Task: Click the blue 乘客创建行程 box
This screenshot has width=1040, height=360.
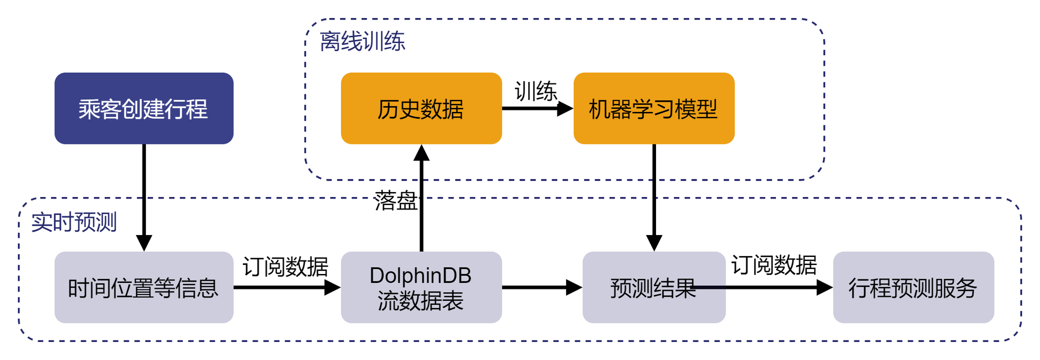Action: click(144, 108)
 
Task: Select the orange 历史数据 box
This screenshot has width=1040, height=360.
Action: click(421, 108)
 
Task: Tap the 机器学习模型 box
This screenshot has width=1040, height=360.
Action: click(653, 108)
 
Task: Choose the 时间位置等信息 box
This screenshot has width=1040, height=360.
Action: click(144, 287)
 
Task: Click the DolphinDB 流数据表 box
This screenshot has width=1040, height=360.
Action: click(421, 287)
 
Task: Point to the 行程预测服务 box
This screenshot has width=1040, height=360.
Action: click(913, 287)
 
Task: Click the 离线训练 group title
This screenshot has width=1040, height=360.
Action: click(362, 41)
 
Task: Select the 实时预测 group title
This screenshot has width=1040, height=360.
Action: click(74, 222)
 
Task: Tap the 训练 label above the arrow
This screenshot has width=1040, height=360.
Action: click(536, 91)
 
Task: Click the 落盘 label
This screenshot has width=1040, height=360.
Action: click(395, 201)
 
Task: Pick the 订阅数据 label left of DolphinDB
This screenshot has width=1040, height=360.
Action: click(285, 267)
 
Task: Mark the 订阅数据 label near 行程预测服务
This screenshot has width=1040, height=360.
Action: click(774, 265)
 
